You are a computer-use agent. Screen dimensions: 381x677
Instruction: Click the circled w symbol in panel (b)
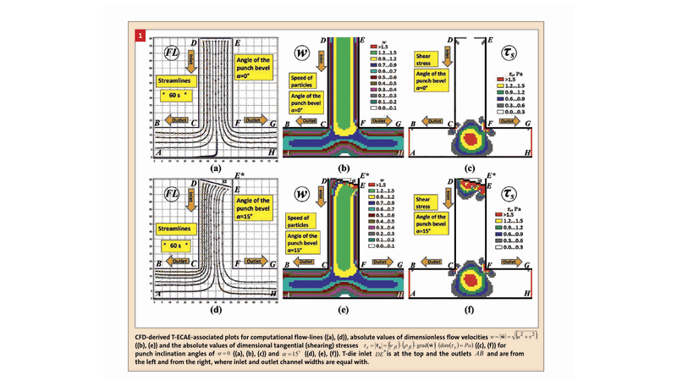pyautogui.click(x=302, y=53)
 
